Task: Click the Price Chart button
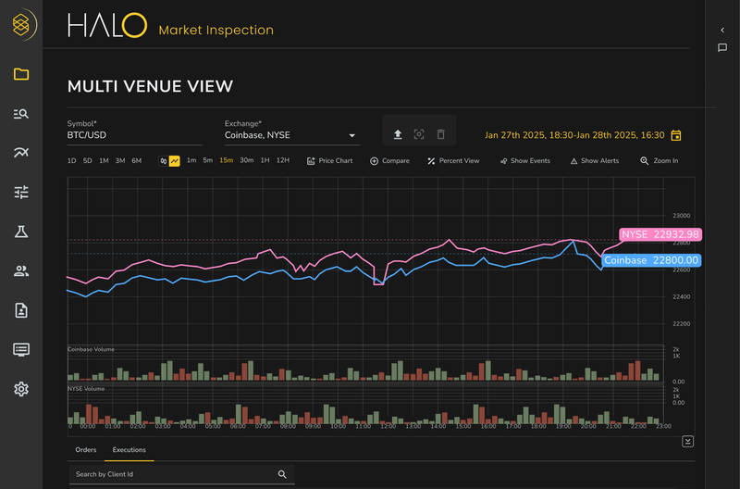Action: point(329,160)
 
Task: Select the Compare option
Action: point(389,160)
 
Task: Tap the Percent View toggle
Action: point(453,160)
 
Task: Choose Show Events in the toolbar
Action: point(524,160)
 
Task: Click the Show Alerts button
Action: point(594,160)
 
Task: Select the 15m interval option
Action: point(226,160)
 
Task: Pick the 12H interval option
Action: point(283,160)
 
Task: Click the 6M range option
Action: point(137,160)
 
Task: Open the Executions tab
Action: point(129,450)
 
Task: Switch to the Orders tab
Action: point(86,450)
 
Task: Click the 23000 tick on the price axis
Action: point(681,215)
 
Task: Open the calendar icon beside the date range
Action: point(676,135)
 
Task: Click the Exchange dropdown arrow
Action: point(352,135)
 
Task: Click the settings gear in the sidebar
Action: point(21,389)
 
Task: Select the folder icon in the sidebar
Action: point(21,74)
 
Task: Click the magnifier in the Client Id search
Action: point(283,474)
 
